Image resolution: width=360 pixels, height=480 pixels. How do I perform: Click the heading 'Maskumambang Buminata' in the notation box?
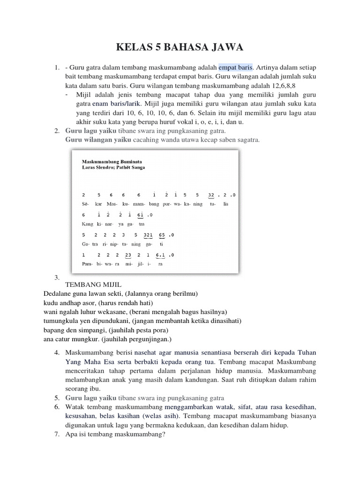pos(109,161)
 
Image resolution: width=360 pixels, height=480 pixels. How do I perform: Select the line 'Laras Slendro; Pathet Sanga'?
pos(113,167)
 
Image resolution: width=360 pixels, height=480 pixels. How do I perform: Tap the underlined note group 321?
pos(148,235)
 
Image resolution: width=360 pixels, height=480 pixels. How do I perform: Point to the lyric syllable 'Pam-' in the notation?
pos(87,264)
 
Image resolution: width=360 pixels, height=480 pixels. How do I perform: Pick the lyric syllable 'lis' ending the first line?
pos(226,204)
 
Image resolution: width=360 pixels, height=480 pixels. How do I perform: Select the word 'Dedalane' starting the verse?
pos(57,293)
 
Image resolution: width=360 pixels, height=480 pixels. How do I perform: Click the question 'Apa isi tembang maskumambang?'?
pos(115,434)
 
